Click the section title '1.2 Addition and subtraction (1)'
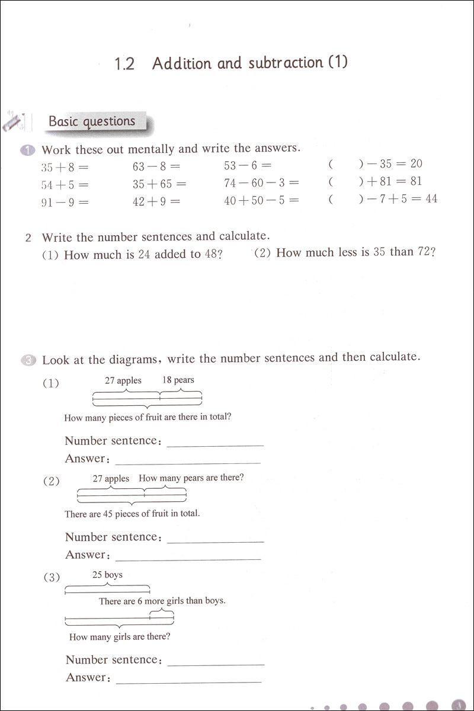[230, 63]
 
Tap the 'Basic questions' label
[92, 121]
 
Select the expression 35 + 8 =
[65, 167]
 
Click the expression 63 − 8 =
[156, 167]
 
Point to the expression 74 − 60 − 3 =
[261, 183]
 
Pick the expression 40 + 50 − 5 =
[261, 201]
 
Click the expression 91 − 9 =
[65, 201]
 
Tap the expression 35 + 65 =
[159, 184]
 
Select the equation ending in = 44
[383, 199]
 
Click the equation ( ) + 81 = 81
[375, 181]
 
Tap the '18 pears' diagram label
[178, 380]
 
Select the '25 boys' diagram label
[107, 574]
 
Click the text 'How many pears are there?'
[191, 478]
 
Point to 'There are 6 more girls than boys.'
[162, 601]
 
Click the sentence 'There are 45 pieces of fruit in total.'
[132, 514]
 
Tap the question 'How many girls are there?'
[120, 637]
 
